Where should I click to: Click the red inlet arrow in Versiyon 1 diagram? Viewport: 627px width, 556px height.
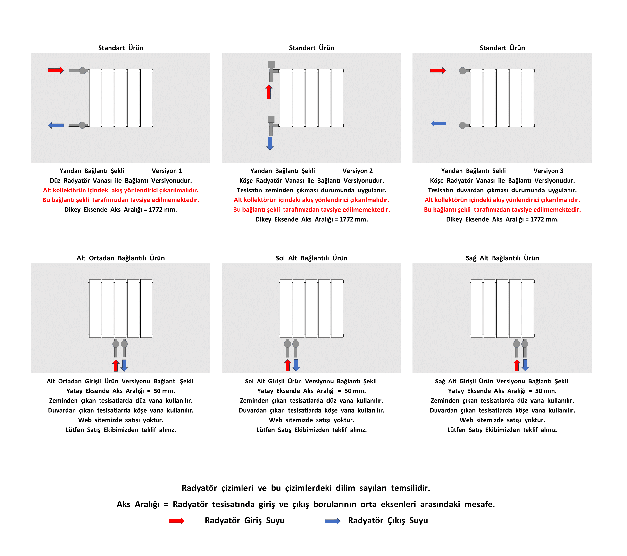[x=56, y=70]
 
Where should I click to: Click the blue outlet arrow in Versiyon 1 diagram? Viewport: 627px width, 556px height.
[x=56, y=125]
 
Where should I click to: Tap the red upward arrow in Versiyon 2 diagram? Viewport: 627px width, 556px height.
[x=269, y=92]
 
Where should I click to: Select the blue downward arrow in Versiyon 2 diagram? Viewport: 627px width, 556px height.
[x=270, y=143]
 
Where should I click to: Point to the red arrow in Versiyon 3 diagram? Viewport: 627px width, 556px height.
[x=438, y=71]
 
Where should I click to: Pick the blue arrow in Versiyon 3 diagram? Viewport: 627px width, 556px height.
[x=438, y=124]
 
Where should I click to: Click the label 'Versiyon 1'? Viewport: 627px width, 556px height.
[x=167, y=171]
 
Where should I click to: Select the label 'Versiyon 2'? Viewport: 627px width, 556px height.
[x=357, y=171]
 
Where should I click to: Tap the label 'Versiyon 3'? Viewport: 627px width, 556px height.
[x=548, y=171]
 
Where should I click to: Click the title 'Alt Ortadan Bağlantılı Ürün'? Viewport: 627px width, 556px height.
[x=121, y=258]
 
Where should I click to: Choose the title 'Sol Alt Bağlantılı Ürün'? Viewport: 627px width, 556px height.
[x=311, y=258]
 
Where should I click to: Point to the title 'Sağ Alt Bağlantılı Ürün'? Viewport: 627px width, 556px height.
[x=502, y=258]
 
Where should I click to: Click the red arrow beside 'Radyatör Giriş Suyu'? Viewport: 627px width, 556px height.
[x=176, y=521]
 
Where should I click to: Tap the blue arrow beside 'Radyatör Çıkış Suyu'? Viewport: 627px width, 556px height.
[x=333, y=521]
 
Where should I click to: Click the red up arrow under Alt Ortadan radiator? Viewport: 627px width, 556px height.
[x=116, y=365]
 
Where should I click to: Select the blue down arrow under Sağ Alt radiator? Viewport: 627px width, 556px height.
[x=525, y=365]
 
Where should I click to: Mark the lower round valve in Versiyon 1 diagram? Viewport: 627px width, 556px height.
[x=83, y=125]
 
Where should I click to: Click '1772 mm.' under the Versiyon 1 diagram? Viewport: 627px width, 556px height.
[x=163, y=210]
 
